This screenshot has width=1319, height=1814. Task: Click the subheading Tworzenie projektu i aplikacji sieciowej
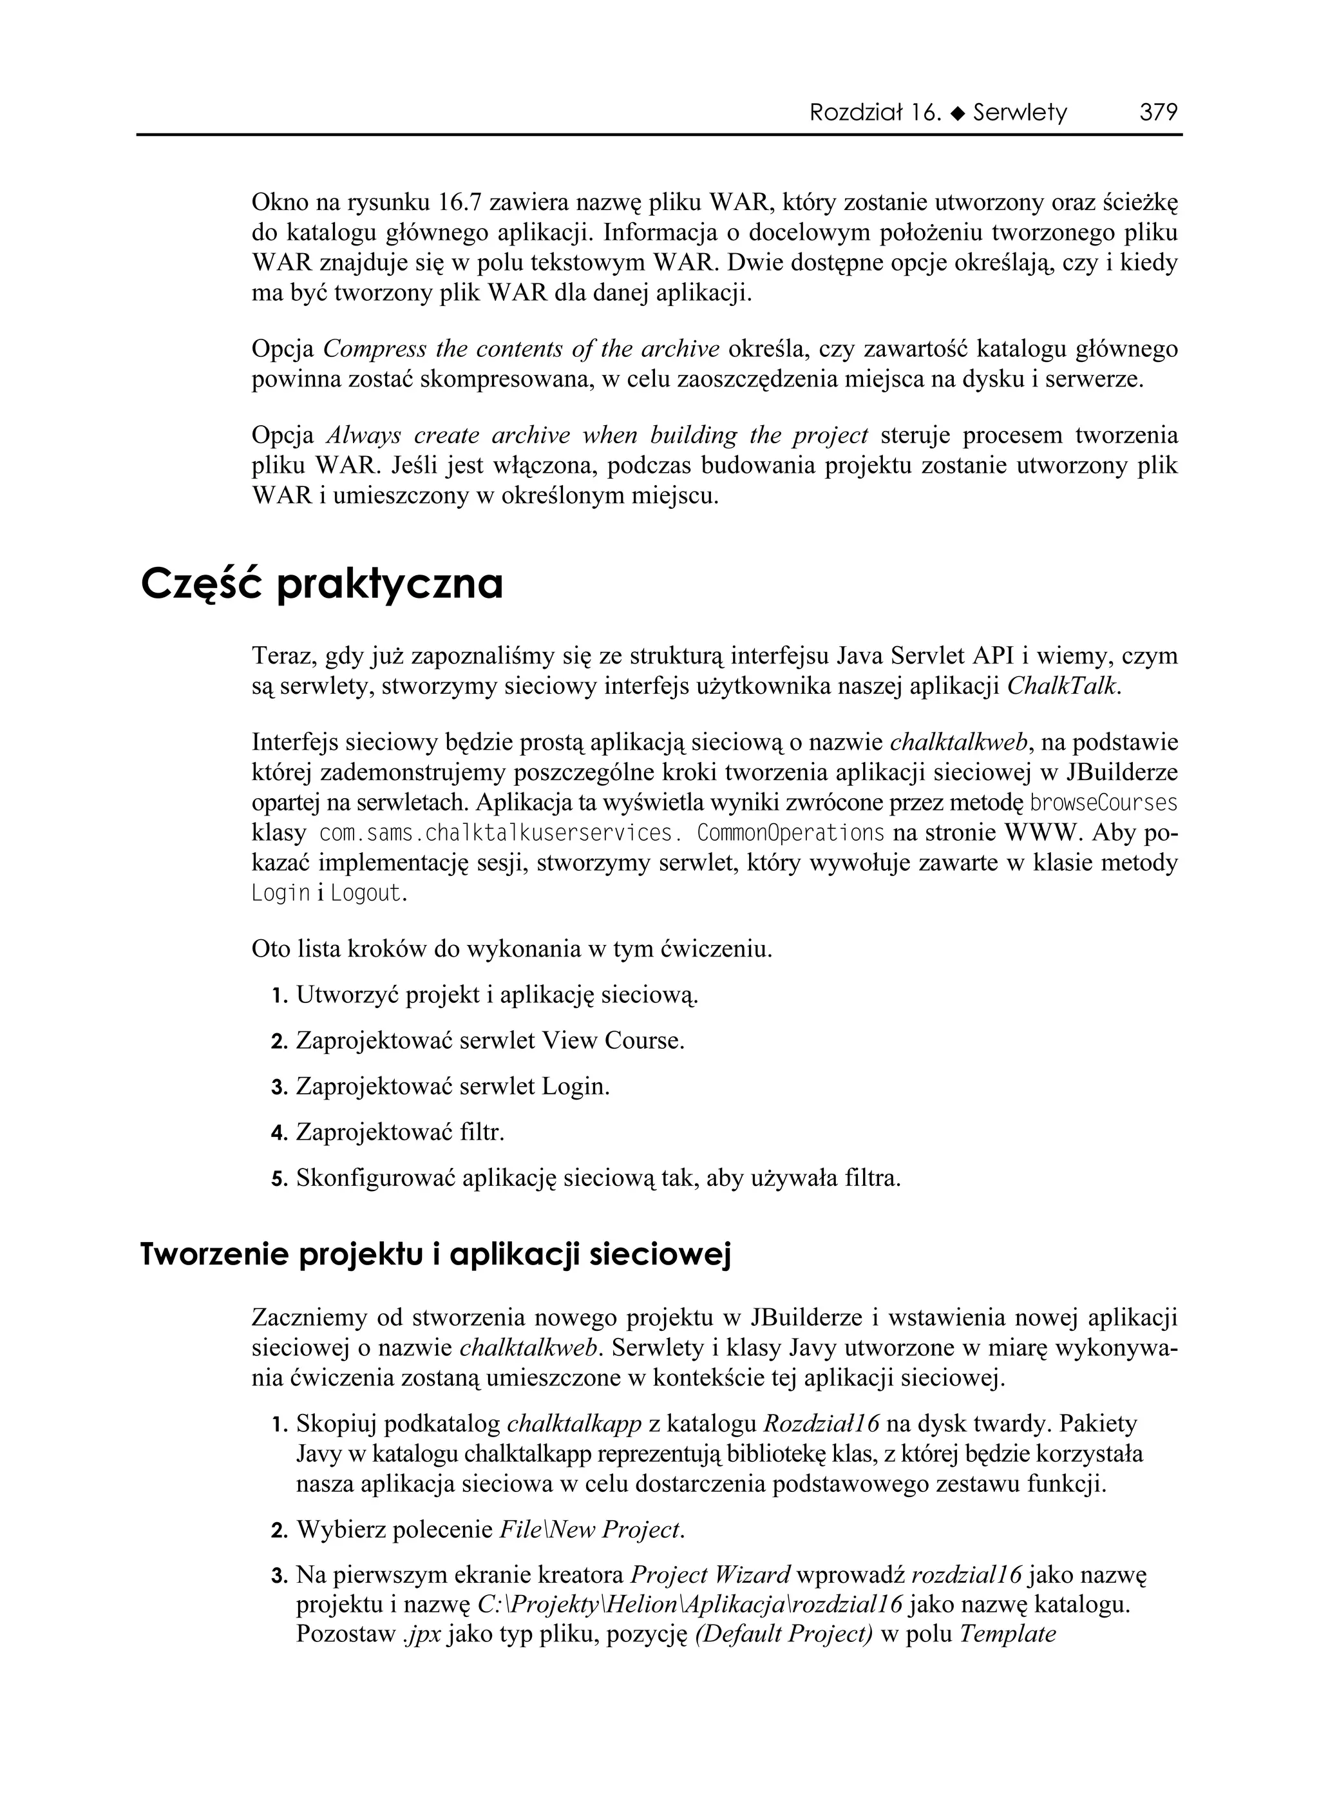coord(436,1255)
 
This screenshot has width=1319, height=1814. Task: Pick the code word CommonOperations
coord(790,833)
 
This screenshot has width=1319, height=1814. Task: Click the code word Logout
coord(366,893)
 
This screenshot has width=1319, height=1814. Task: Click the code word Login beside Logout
coord(280,893)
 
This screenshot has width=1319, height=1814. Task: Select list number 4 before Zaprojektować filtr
coord(278,1133)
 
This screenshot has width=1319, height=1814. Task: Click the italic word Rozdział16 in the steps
coord(821,1423)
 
